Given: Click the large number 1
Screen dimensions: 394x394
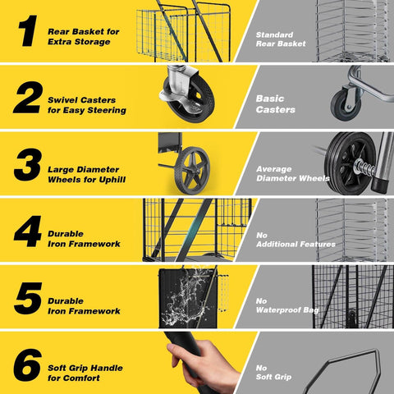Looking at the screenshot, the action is pos(28,30).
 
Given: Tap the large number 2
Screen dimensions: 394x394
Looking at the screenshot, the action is pos(28,98).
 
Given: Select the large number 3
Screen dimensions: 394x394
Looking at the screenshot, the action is pos(28,164).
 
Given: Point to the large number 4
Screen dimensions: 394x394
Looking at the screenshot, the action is pos(28,231).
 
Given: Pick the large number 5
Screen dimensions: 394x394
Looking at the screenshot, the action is pos(28,298).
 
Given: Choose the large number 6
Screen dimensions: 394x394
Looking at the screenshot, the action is pos(28,365).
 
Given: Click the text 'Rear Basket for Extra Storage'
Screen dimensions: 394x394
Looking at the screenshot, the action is pos(84,37).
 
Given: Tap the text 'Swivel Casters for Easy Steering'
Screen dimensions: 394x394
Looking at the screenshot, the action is pos(87,105).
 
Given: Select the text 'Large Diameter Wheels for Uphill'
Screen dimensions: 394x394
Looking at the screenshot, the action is pos(86,175).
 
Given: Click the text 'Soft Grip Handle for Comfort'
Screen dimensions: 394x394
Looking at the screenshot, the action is pos(85,373).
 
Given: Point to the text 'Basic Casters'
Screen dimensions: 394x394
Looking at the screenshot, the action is pos(275,104).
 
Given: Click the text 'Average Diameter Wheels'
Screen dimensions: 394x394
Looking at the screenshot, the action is pos(293,174).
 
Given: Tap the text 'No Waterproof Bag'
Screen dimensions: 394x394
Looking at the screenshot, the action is pos(287,305).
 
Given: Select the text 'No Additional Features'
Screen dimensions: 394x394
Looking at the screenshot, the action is pos(295,240).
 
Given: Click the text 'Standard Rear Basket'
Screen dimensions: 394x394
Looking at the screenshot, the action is pos(281,39).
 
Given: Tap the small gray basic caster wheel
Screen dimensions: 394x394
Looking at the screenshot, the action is pos(345,104).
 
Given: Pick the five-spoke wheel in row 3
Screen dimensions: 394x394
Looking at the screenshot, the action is pos(192,170).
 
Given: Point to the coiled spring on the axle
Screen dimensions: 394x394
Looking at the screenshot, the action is pos(364,167).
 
